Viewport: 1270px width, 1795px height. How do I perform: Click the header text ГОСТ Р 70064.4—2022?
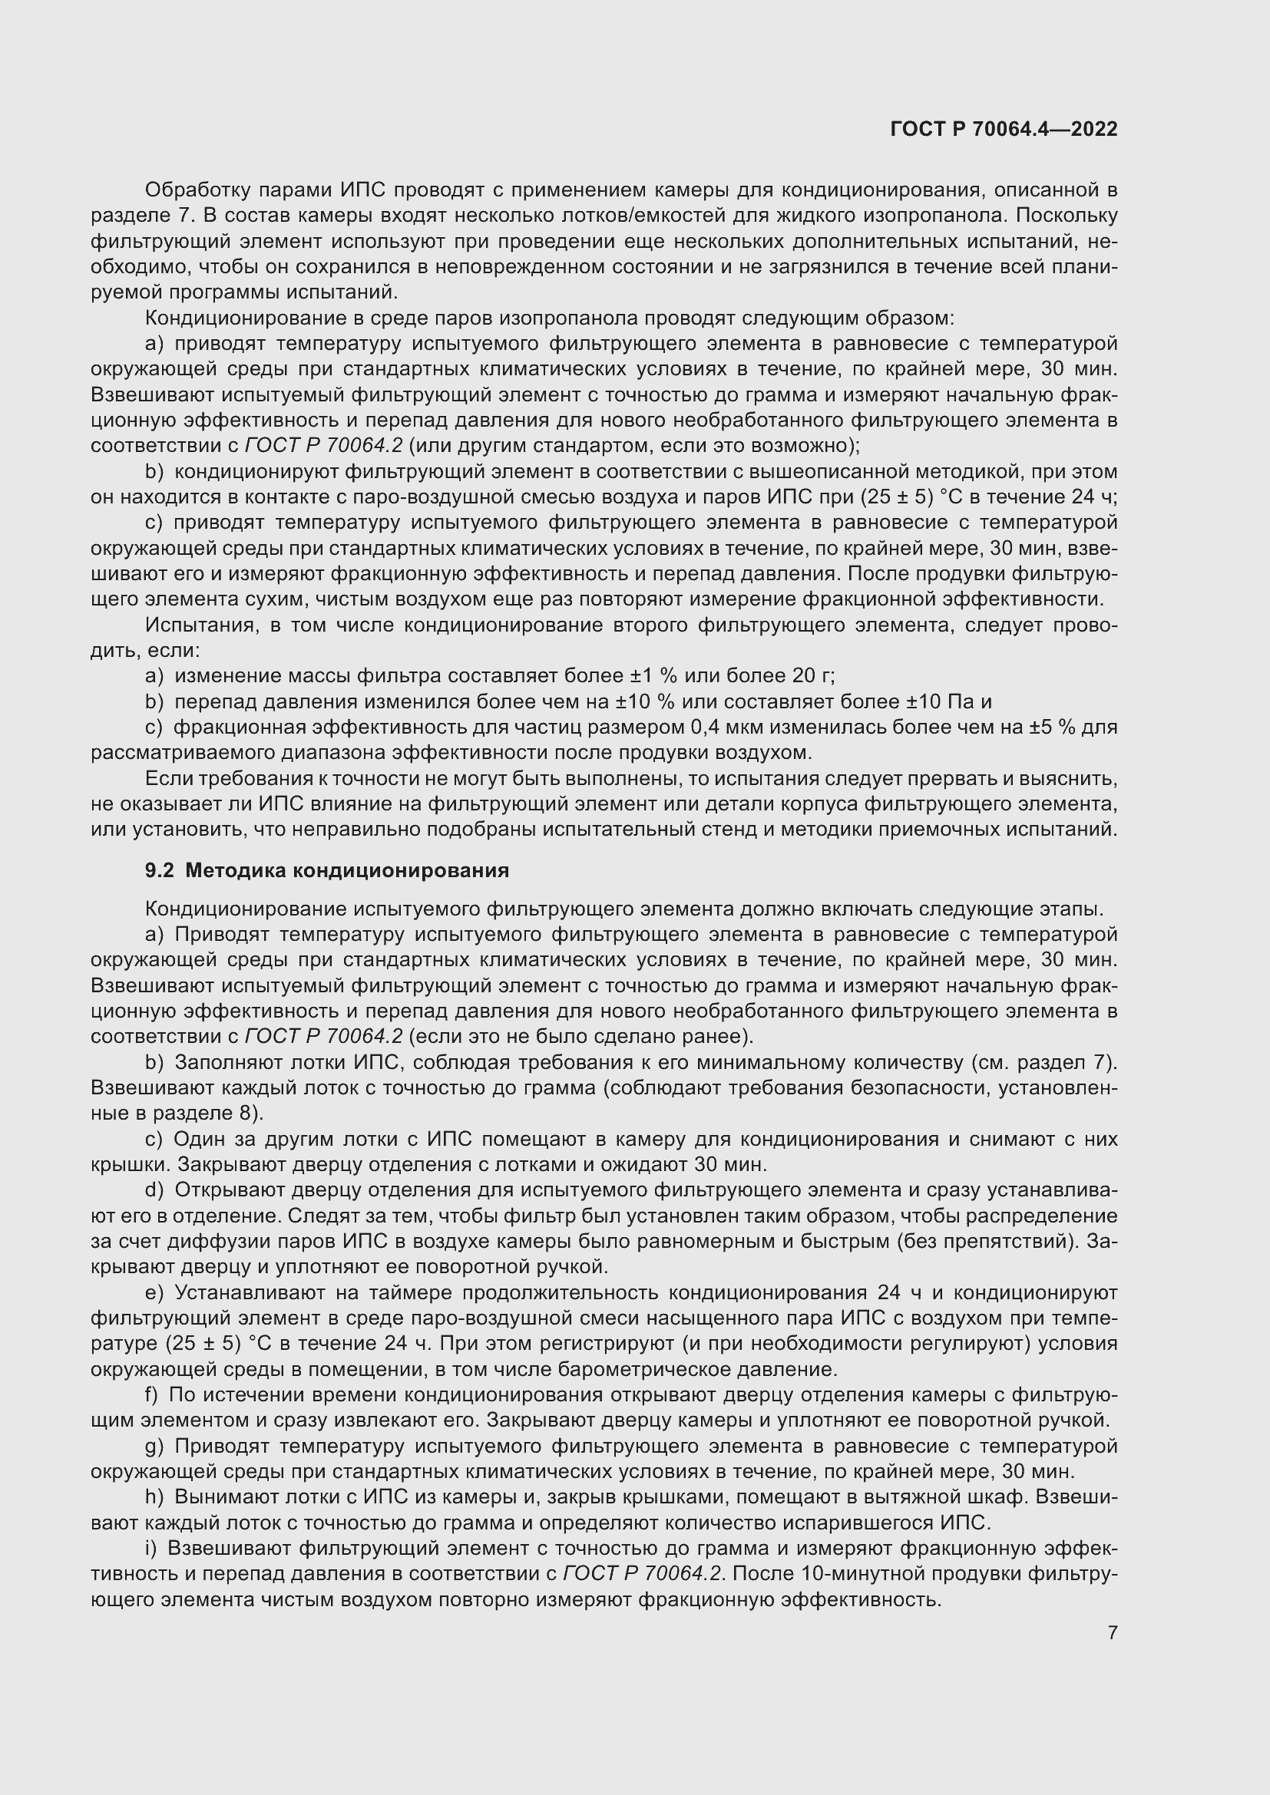[1004, 129]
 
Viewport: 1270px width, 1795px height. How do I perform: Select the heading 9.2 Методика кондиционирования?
[326, 870]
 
